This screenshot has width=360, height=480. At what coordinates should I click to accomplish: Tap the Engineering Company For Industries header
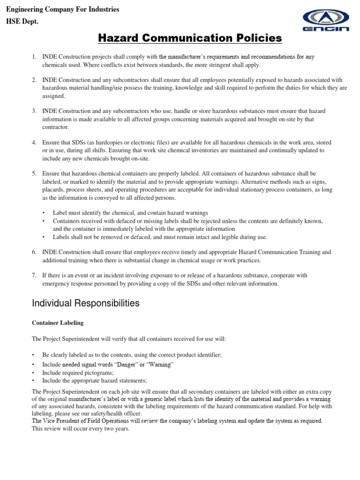(x=62, y=9)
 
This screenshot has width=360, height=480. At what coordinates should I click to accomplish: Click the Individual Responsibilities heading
(x=85, y=303)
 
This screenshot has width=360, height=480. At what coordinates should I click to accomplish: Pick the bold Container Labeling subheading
(x=58, y=323)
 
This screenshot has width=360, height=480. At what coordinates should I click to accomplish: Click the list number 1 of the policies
(x=34, y=57)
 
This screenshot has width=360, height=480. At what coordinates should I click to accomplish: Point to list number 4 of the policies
(x=34, y=142)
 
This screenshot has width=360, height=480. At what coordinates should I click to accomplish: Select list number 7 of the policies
(x=34, y=275)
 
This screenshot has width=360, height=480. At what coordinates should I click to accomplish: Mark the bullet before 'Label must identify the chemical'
(x=44, y=212)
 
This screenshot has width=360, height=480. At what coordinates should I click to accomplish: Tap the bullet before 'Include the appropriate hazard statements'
(x=34, y=381)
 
